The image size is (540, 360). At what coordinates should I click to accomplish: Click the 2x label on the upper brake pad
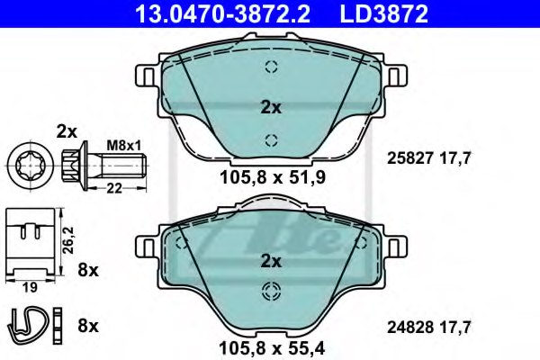(x=270, y=108)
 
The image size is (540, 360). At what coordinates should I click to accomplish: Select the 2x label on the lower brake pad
(x=270, y=262)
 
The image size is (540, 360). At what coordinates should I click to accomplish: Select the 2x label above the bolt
(x=67, y=130)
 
